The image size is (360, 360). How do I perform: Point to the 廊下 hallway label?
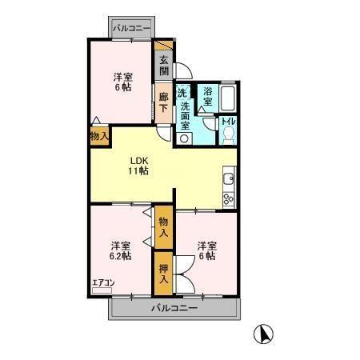[x=162, y=102]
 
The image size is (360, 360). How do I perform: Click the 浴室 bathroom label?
[x=207, y=98]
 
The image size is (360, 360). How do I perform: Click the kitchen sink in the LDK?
[x=228, y=178]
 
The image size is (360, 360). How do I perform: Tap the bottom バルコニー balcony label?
[x=174, y=308]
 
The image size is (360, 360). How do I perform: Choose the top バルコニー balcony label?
[x=131, y=28]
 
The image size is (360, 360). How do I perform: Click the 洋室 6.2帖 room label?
[x=121, y=251]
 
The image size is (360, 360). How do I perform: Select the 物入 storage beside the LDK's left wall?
[x=99, y=137]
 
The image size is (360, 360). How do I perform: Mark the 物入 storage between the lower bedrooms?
[x=163, y=227]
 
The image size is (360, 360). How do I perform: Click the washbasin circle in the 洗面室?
[x=186, y=137]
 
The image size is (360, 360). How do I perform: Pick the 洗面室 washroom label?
[x=185, y=110]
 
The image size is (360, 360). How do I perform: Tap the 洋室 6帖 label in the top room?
[x=122, y=83]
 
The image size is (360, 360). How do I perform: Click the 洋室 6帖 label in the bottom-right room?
[x=207, y=251]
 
